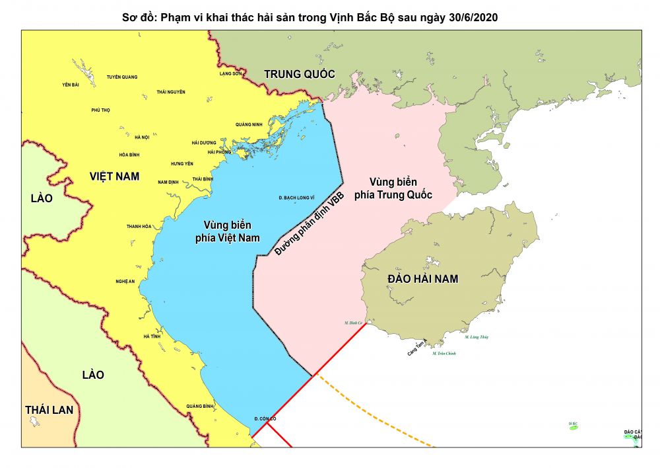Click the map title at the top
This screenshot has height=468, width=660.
(x=310, y=17)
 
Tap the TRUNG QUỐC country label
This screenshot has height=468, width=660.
(x=300, y=74)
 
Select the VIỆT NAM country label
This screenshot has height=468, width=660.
(x=115, y=176)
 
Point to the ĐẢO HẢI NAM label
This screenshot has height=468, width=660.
(x=423, y=279)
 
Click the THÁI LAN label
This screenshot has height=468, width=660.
(x=49, y=410)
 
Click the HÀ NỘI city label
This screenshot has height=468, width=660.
(x=142, y=137)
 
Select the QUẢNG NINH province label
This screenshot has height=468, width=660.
(x=249, y=124)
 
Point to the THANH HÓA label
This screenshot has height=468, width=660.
(x=139, y=227)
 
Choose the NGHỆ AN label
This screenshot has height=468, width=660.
(x=125, y=282)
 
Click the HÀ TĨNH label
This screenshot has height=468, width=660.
(x=152, y=336)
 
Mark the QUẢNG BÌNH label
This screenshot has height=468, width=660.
(x=199, y=406)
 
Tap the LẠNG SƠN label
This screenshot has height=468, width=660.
(x=231, y=73)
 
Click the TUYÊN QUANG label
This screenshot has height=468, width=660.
(x=122, y=77)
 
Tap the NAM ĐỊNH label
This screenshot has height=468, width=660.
(x=169, y=182)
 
